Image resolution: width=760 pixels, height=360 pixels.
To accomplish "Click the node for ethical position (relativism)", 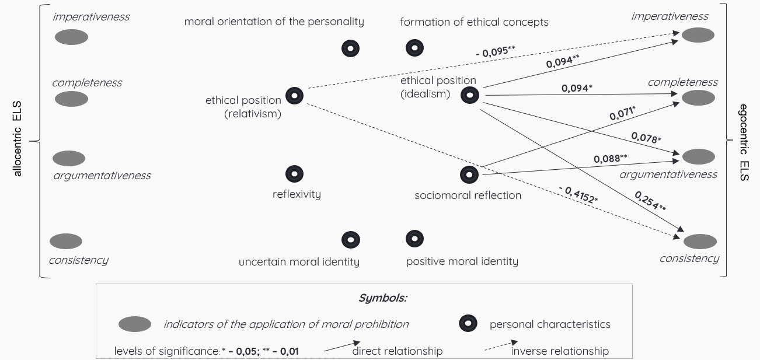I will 294,95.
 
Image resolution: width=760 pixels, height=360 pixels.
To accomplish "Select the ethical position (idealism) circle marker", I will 470,95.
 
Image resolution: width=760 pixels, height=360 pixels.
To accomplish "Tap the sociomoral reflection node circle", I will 469,174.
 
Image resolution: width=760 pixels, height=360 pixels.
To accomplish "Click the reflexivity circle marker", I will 294,173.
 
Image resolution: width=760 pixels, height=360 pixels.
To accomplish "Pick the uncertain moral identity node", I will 350,239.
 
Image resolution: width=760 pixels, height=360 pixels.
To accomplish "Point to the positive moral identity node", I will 414,238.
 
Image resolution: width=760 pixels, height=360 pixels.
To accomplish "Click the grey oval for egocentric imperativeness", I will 698,35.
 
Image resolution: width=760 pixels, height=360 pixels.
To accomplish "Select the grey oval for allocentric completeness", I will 71,99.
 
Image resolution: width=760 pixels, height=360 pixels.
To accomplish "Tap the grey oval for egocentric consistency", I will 700,241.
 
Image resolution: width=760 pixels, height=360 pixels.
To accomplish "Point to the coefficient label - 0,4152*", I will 577,194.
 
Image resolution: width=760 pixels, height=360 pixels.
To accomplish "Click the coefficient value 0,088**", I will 611,158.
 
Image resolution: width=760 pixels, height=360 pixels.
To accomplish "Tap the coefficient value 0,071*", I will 622,113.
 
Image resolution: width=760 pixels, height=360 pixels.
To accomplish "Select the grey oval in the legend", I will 135,324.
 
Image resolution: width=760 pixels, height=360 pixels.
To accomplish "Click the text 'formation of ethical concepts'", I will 474,22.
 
